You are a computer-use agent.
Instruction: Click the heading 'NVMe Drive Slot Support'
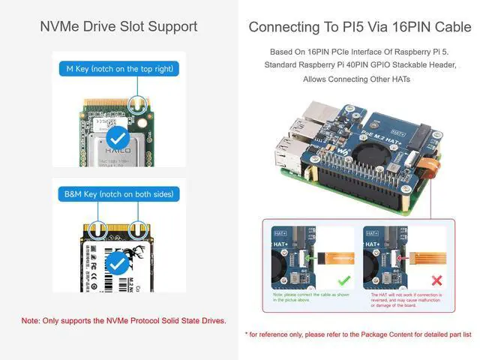(118, 27)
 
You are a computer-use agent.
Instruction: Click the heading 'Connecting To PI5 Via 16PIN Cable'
(359, 27)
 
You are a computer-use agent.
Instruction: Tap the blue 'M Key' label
(118, 69)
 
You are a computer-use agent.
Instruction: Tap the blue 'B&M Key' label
(118, 194)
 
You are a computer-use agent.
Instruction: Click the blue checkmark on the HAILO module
(117, 139)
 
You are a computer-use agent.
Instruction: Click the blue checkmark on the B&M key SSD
(117, 263)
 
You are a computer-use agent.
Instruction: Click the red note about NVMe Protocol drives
(124, 321)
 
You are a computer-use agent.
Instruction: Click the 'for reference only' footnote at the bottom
(359, 334)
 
